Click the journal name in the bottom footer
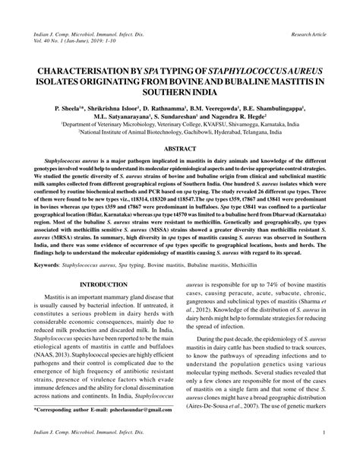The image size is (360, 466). pos(76,455)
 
